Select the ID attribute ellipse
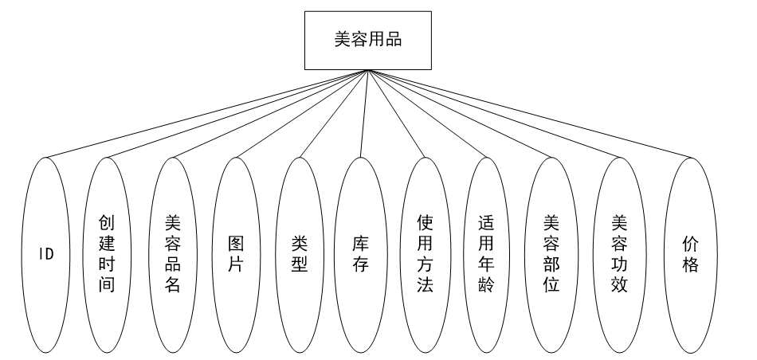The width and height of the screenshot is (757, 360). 47,254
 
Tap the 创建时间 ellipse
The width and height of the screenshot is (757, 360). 108,254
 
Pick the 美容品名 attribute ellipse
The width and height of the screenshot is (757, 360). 173,254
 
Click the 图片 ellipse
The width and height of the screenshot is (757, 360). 237,254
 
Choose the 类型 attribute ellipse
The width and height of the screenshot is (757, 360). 300,254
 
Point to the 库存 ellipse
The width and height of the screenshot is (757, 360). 361,254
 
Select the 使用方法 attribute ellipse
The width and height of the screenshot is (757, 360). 425,254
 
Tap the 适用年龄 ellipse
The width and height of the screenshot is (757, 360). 488,254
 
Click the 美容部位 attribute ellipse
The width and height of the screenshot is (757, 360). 551,254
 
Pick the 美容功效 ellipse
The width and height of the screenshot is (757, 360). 619,254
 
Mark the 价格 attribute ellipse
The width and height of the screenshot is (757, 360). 690,254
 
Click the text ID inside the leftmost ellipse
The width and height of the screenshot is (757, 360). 47,255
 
